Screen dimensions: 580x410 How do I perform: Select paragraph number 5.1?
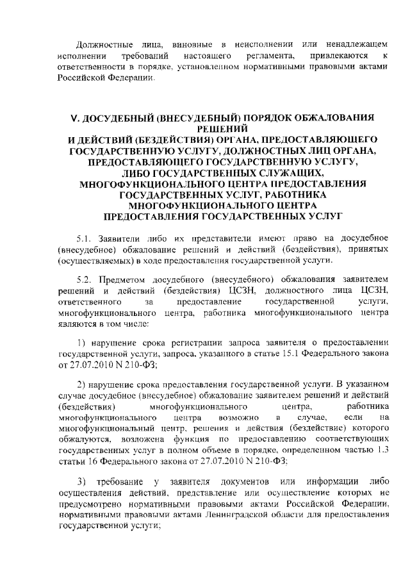tap(84, 237)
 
